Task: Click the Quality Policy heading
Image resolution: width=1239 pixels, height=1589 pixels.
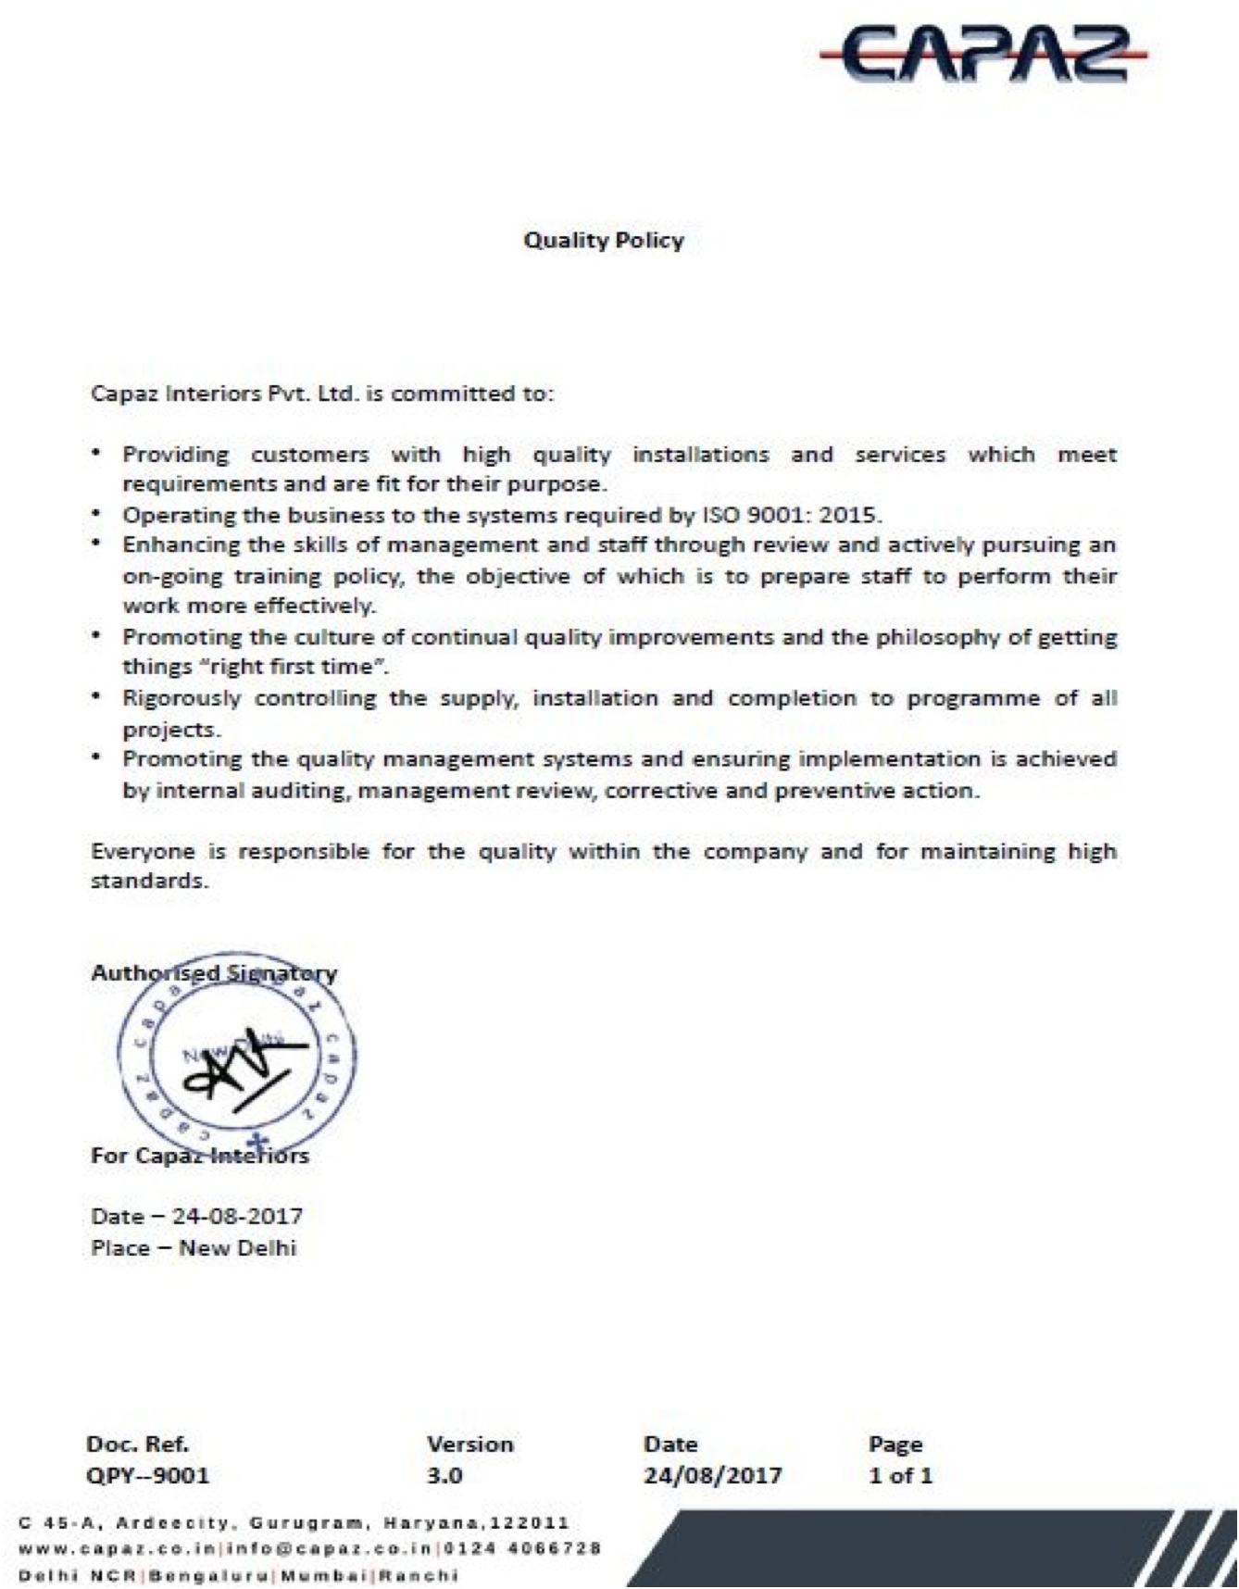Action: [x=604, y=241]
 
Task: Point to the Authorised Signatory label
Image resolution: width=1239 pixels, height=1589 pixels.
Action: [x=214, y=973]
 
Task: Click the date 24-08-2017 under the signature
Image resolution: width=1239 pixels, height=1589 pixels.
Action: [x=237, y=1216]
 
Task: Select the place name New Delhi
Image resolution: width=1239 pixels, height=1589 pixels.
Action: [x=237, y=1247]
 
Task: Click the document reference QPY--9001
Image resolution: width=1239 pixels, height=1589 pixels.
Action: [x=147, y=1475]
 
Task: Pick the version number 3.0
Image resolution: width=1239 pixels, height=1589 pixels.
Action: [x=444, y=1475]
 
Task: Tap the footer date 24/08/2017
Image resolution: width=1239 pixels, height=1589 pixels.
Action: [x=712, y=1475]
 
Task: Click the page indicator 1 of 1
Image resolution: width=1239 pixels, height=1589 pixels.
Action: [x=900, y=1475]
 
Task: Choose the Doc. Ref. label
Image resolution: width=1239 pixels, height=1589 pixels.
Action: [x=137, y=1444]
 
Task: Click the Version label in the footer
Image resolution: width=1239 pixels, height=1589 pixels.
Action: [x=469, y=1444]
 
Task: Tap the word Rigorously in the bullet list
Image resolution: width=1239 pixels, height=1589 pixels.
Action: [x=181, y=698]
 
